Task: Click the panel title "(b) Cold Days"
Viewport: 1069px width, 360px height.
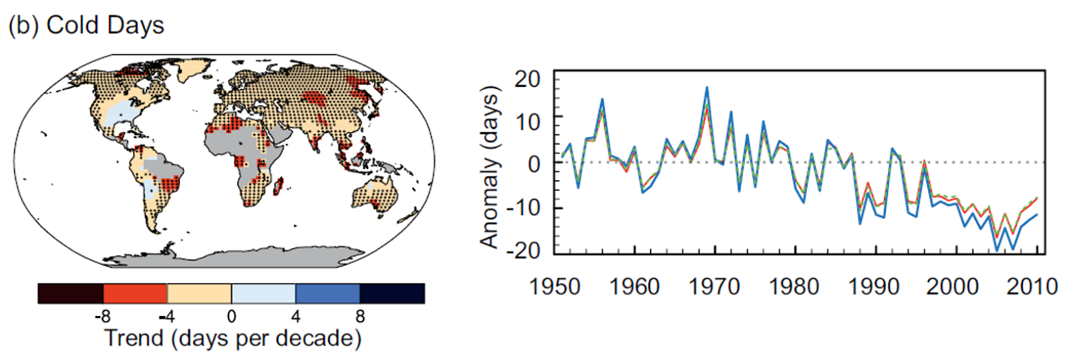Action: [x=86, y=25]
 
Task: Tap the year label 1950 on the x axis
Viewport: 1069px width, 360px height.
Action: [x=555, y=287]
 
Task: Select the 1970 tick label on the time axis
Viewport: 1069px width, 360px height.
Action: [x=714, y=287]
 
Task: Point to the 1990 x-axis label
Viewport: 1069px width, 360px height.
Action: [x=873, y=287]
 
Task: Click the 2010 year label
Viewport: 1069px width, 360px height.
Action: [x=1032, y=287]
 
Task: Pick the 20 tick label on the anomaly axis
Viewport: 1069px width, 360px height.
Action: [x=527, y=79]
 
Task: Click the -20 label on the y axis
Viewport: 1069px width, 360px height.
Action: [x=522, y=250]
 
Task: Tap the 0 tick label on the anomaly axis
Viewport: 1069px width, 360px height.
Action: [x=534, y=163]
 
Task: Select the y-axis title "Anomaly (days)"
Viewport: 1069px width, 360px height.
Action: [x=490, y=167]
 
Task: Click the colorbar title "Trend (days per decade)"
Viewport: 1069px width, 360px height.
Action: [x=233, y=338]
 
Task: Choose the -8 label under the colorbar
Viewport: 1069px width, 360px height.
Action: [x=102, y=317]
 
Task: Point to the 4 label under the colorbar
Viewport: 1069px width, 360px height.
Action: [x=296, y=317]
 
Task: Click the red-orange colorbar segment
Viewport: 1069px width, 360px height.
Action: [x=135, y=294]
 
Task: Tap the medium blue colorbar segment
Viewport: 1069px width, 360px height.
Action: [x=327, y=294]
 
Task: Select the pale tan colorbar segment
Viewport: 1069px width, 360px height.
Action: [x=199, y=294]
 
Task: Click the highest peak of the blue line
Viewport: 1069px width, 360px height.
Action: [x=707, y=87]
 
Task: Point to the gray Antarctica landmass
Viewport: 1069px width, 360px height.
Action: [x=234, y=256]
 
